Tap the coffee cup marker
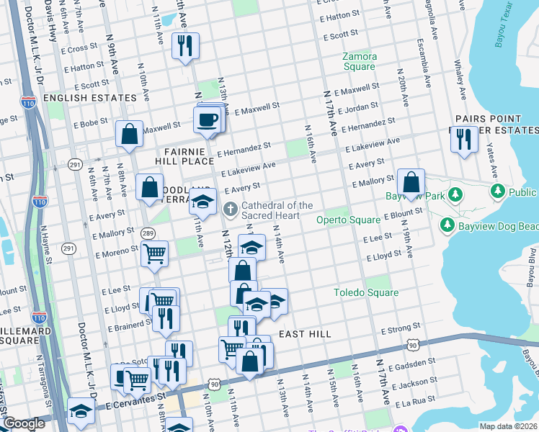click(x=208, y=119)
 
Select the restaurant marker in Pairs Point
click(x=464, y=138)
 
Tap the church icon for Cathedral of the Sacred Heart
click(x=231, y=210)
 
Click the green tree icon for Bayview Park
click(x=455, y=194)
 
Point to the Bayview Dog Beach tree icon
click(x=447, y=225)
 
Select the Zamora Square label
click(x=359, y=61)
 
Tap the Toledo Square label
click(x=365, y=292)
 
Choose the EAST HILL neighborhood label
click(x=305, y=334)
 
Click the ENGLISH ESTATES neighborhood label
click(x=90, y=97)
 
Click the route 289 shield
click(x=148, y=233)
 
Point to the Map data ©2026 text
click(x=508, y=426)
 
